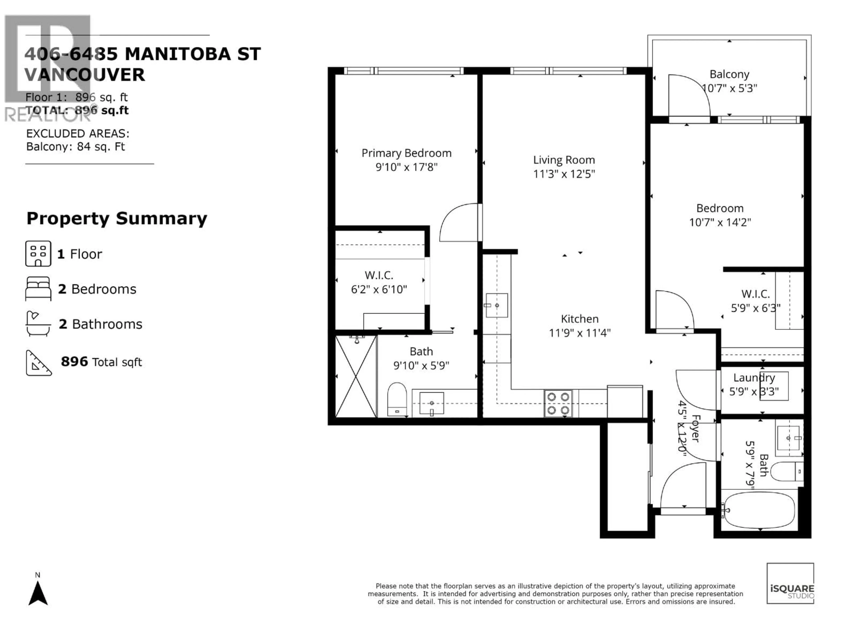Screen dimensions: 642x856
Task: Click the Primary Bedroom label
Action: pos(406,153)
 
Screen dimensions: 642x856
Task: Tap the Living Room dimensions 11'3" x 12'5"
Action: pos(564,174)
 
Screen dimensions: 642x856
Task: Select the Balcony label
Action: pos(729,74)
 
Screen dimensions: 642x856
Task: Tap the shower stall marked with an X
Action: pos(356,377)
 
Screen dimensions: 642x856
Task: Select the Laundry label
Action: pos(754,378)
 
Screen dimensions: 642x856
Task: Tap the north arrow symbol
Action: pos(38,593)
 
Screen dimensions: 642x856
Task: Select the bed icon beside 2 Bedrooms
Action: pos(38,289)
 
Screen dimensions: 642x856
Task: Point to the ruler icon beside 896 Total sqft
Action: pos(38,363)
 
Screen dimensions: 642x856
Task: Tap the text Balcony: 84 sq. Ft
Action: pos(76,147)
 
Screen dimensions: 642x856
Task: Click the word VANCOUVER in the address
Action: pos(84,75)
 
